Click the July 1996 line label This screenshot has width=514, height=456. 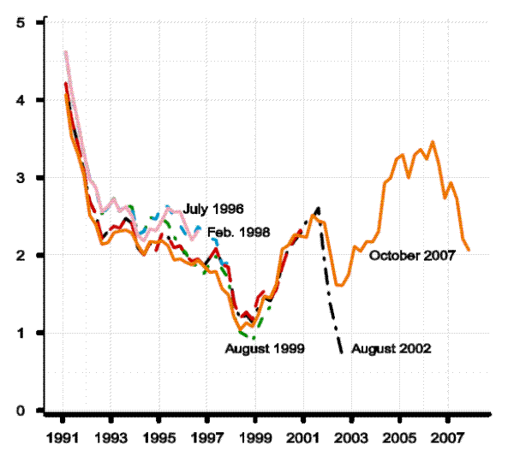(214, 209)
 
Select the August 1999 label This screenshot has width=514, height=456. (262, 349)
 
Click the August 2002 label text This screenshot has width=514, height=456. (391, 349)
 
